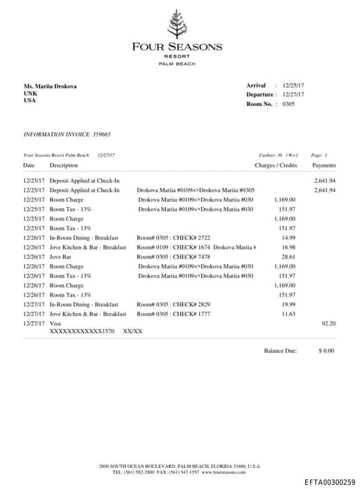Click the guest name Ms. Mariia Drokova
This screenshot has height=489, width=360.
(x=51, y=86)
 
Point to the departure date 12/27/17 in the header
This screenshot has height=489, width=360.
(x=293, y=95)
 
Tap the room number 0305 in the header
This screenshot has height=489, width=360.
(x=288, y=104)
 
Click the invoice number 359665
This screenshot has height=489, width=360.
(x=97, y=133)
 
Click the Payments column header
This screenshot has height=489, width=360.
(x=323, y=166)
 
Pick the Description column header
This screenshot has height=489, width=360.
(x=64, y=166)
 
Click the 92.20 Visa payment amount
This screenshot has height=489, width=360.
(x=328, y=324)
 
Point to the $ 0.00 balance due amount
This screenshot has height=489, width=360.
(x=326, y=350)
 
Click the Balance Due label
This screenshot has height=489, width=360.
(x=281, y=350)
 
